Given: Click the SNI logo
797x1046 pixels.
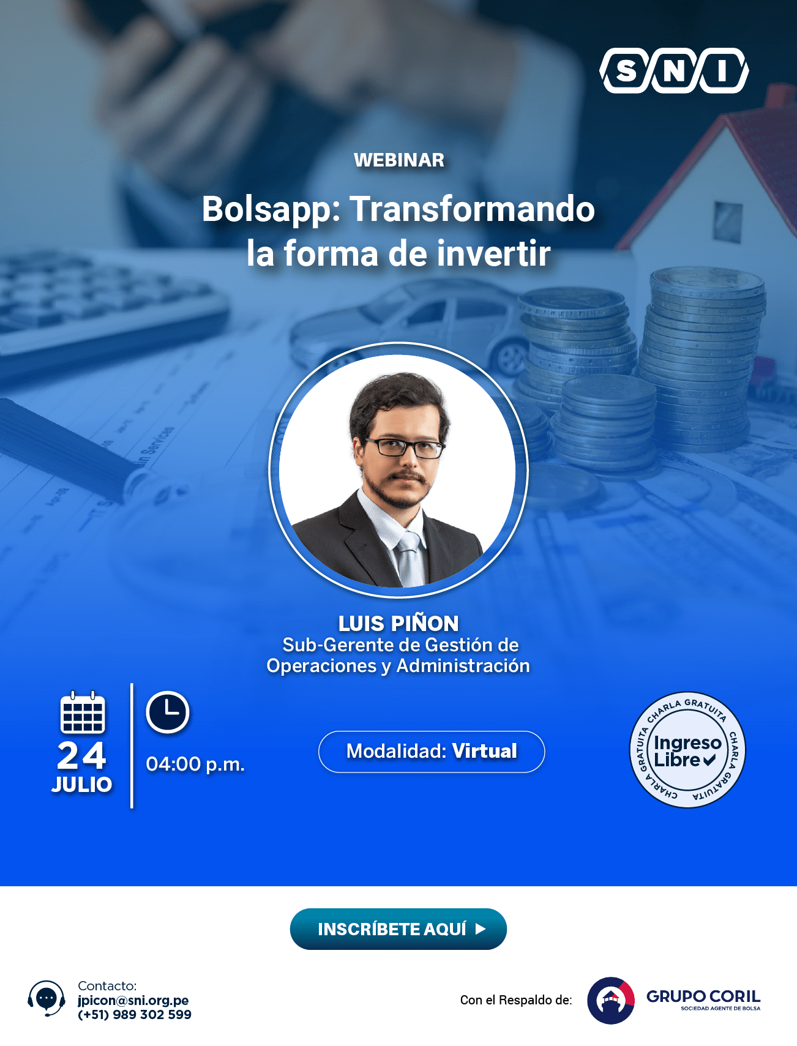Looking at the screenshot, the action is coord(674,71).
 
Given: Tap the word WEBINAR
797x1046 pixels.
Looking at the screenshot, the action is coord(399,160).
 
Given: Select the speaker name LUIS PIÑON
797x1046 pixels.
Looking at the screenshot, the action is coord(398,623).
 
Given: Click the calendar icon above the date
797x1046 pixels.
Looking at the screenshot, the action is coord(83,712).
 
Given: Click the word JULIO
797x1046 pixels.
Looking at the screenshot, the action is coord(82,785).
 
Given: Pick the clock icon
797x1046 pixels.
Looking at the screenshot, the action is coord(168,712).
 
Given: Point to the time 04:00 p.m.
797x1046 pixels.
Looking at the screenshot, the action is coord(195,764).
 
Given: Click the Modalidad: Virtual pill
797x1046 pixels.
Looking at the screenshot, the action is coord(432,752).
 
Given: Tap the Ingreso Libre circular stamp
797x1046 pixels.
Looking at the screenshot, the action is coord(687,750).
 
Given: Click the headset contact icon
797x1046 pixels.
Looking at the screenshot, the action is coord(47,998).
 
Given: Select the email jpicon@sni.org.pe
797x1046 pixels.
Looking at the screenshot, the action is coord(133,1000).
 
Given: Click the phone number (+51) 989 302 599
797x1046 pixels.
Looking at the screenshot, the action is coord(135,1015).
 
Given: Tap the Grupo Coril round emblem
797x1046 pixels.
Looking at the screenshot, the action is coord(611,1001).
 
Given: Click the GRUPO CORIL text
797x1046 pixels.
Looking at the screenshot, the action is coord(703,996).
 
